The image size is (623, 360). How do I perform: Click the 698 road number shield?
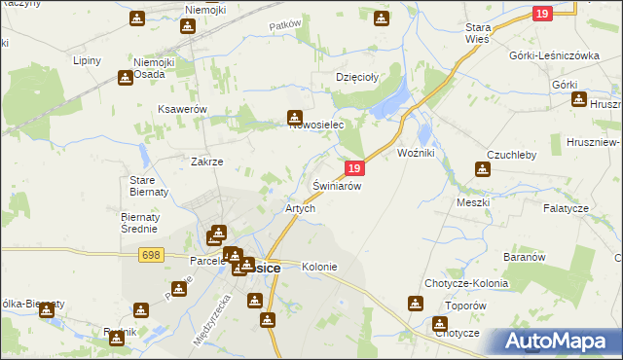click(x=150, y=255)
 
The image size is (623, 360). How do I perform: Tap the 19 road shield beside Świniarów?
click(x=355, y=168)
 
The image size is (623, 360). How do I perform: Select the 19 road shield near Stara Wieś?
click(x=543, y=13)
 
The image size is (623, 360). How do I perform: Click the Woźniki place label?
click(x=421, y=154)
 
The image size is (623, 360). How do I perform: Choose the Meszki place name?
click(x=474, y=202)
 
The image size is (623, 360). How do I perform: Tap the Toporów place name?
click(x=463, y=305)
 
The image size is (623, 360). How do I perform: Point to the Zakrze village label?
click(x=207, y=162)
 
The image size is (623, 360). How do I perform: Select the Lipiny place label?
click(x=89, y=59)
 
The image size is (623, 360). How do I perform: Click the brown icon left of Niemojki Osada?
click(x=126, y=78)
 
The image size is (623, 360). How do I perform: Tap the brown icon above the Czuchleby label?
click(x=482, y=169)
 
